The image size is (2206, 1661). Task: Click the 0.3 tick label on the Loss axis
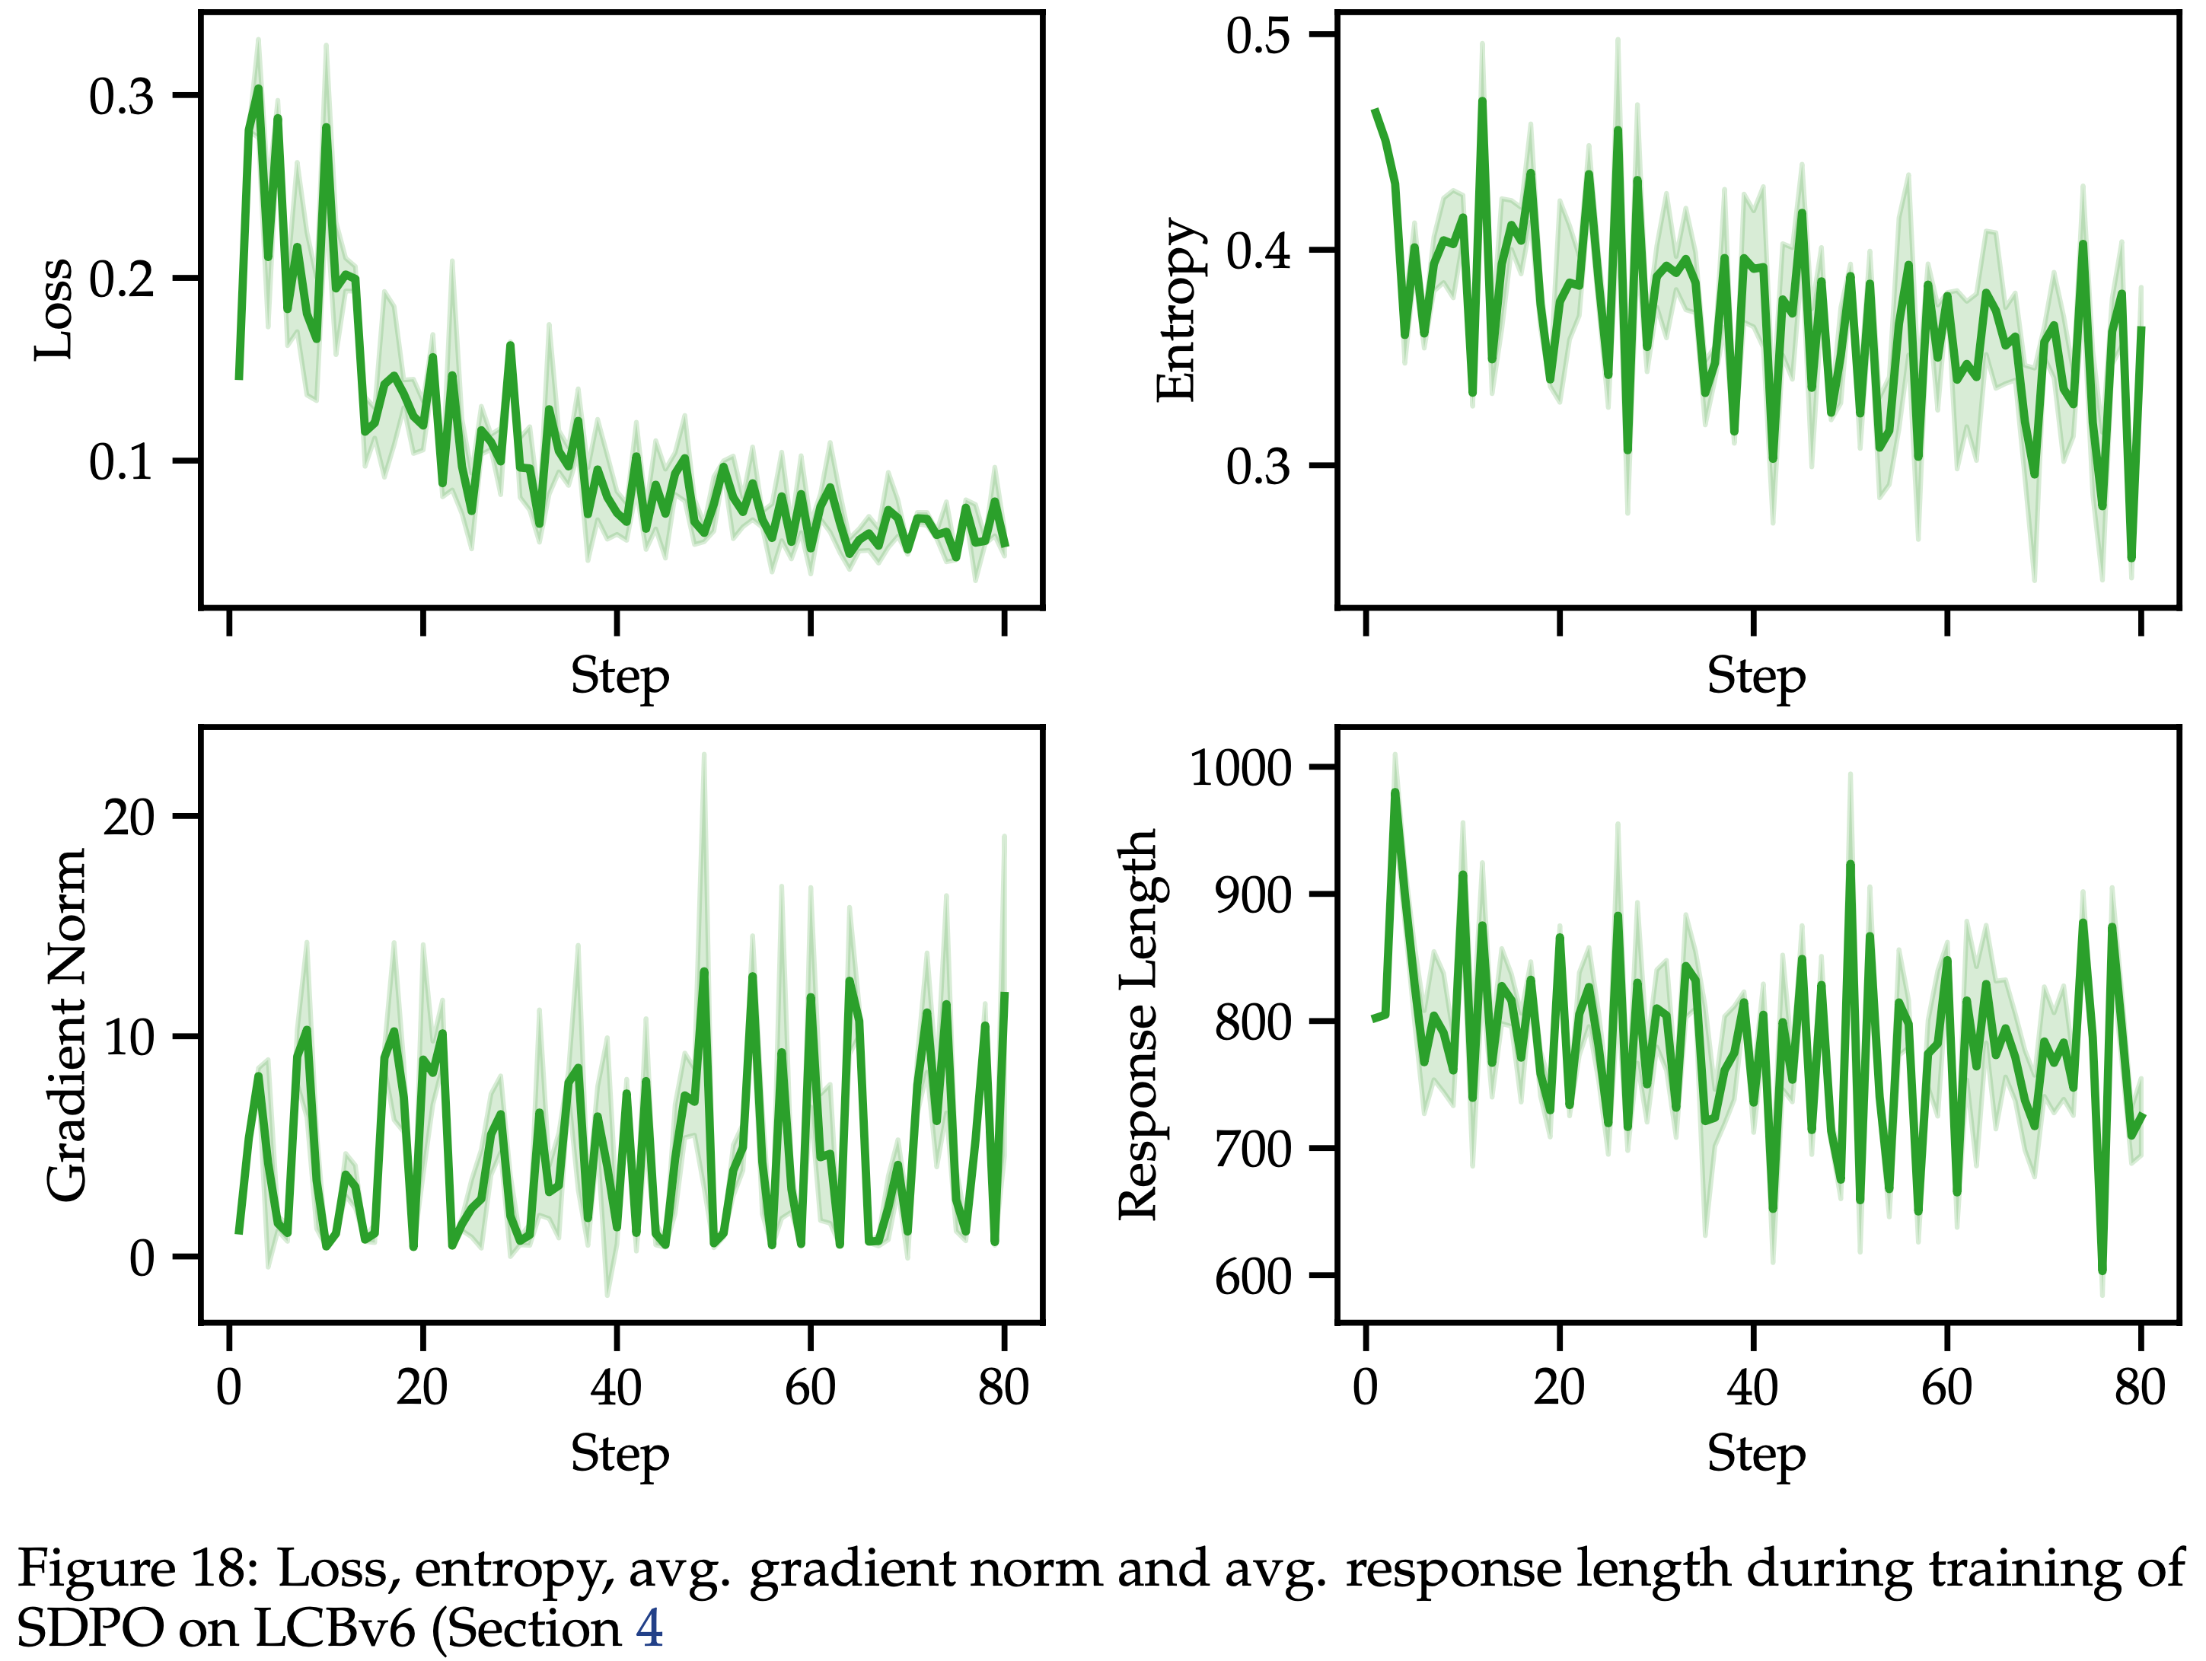pos(122,97)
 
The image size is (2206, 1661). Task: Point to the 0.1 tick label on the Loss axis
pos(122,462)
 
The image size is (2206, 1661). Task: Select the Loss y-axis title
pos(53,309)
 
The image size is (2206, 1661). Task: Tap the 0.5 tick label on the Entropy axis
pos(1258,36)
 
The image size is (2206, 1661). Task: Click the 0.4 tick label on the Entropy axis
pos(1258,250)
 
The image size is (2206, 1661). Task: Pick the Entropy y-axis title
pos(1177,309)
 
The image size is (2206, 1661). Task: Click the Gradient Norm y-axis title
pos(68,1025)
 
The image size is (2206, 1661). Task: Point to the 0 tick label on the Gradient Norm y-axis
pos(142,1258)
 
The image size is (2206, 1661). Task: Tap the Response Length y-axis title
pos(1138,1025)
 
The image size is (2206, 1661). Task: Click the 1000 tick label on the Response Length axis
pos(1241,768)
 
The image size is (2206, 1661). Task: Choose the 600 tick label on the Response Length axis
pos(1253,1277)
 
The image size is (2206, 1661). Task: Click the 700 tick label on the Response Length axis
pos(1253,1149)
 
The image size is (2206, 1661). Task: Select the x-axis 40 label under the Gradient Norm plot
pos(617,1388)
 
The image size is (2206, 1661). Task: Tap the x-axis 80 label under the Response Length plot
pos(2139,1388)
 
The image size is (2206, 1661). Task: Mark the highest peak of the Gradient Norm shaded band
pos(703,755)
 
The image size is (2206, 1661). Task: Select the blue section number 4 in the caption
pos(649,1629)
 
